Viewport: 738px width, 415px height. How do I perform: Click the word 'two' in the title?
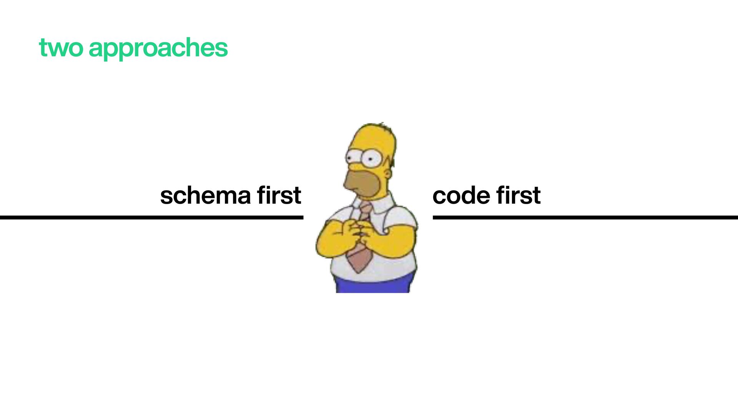pyautogui.click(x=61, y=48)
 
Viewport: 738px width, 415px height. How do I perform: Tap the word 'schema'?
pyautogui.click(x=205, y=196)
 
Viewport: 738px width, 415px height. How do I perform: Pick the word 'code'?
pyautogui.click(x=461, y=196)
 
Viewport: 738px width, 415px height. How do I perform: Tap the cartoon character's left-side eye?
pyautogui.click(x=353, y=157)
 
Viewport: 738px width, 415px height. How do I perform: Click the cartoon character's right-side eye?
pyautogui.click(x=371, y=158)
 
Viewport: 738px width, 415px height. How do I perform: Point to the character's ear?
pyautogui.click(x=387, y=173)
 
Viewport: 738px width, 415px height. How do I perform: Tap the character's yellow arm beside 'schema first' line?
pyautogui.click(x=331, y=242)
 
